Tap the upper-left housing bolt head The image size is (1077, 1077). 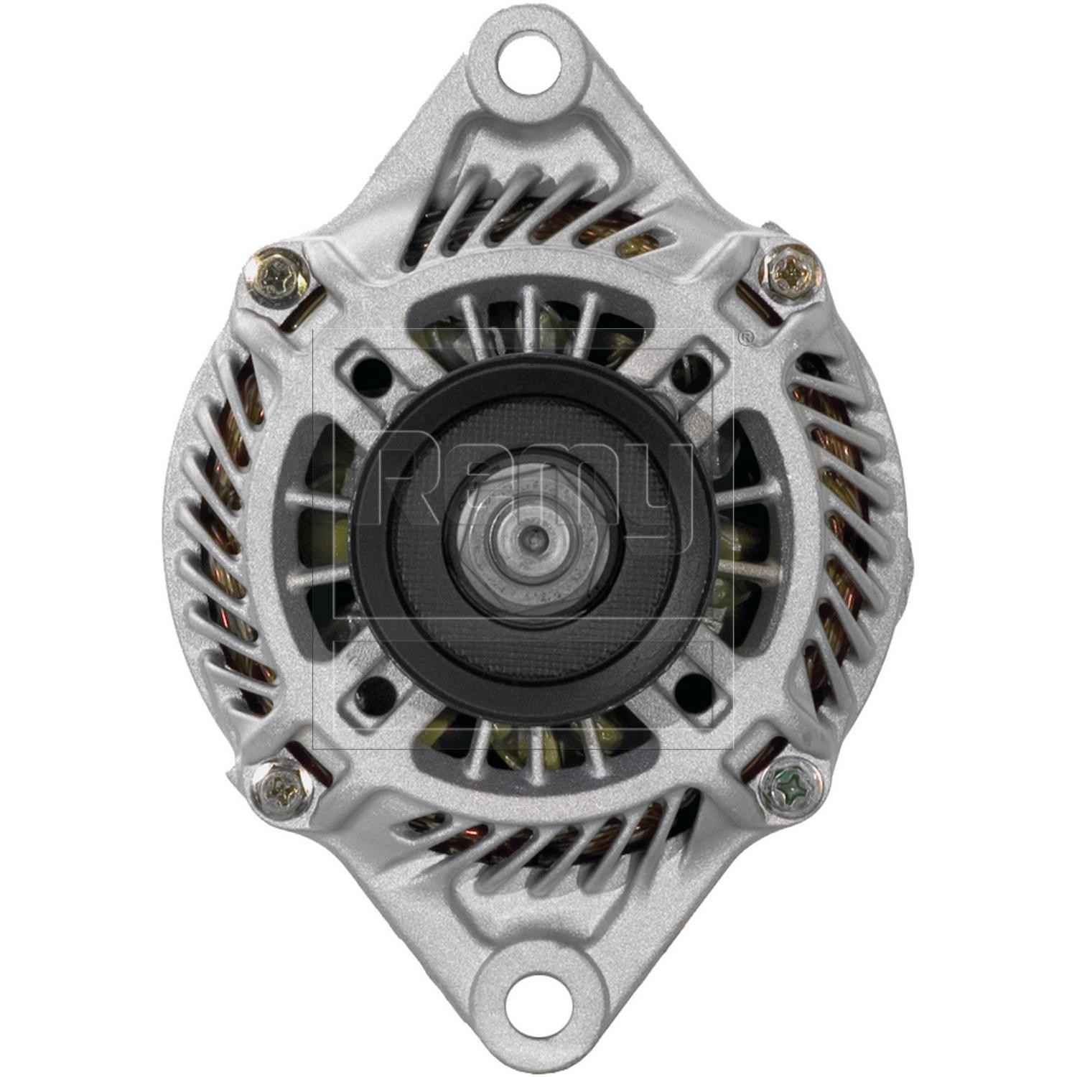click(x=277, y=275)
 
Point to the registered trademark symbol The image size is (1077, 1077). click(x=747, y=335)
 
